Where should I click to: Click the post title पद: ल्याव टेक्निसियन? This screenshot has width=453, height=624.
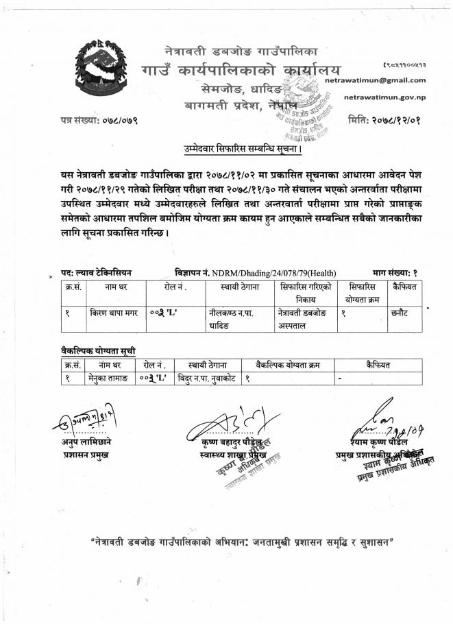[97, 273]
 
